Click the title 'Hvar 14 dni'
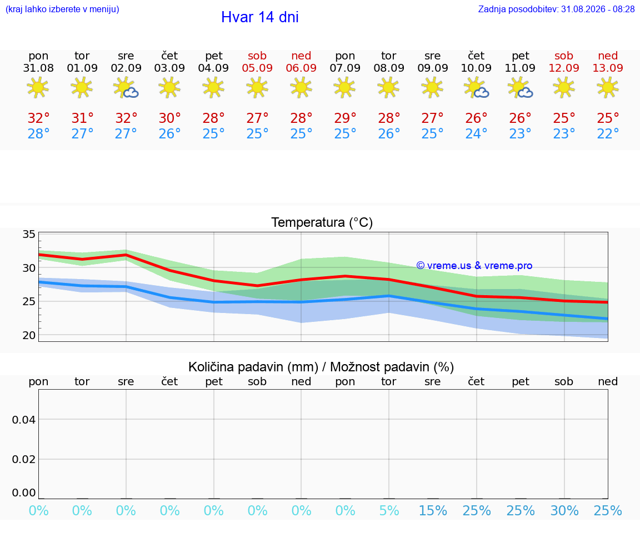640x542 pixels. click(x=259, y=17)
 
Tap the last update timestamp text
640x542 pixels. click(x=556, y=9)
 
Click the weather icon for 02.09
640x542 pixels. click(x=126, y=88)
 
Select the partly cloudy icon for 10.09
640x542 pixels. click(x=476, y=88)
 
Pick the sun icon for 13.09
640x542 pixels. click(x=608, y=88)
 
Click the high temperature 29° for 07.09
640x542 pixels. click(x=346, y=118)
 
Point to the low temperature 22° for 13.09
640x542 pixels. click(x=608, y=133)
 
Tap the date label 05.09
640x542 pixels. click(x=257, y=68)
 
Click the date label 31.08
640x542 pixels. click(x=38, y=68)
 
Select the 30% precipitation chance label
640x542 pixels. click(x=564, y=510)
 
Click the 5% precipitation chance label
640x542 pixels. click(x=389, y=510)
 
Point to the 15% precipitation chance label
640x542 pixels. click(x=433, y=510)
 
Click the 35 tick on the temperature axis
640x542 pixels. click(x=29, y=234)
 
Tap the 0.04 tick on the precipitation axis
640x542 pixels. click(x=24, y=420)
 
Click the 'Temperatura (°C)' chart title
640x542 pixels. click(x=322, y=222)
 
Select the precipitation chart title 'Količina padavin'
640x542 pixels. click(x=253, y=367)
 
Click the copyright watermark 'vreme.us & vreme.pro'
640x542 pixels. click(x=474, y=266)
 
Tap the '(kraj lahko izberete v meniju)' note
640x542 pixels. click(x=62, y=9)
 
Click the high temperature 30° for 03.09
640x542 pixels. click(x=170, y=118)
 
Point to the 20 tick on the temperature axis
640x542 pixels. click(x=29, y=335)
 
